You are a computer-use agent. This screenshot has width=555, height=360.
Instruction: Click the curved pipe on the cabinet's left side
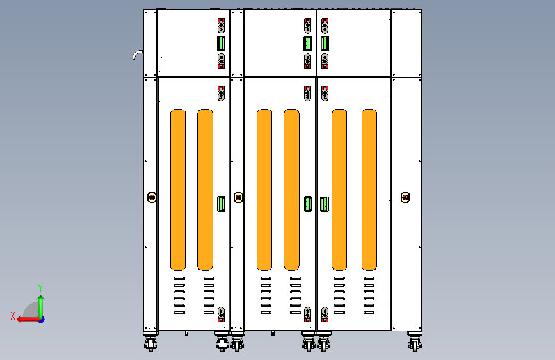pyautogui.click(x=136, y=54)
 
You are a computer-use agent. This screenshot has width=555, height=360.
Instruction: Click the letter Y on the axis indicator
pyautogui.click(x=40, y=288)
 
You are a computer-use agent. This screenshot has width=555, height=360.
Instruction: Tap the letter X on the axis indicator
pyautogui.click(x=13, y=316)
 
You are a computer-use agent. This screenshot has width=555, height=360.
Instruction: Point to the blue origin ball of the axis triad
pyautogui.click(x=42, y=320)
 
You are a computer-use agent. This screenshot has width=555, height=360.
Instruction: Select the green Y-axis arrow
pyautogui.click(x=41, y=307)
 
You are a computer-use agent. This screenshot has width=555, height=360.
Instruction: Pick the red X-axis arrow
pyautogui.click(x=29, y=320)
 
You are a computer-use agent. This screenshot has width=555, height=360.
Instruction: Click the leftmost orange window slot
pyautogui.click(x=178, y=190)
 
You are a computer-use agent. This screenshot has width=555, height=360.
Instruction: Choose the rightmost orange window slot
pyautogui.click(x=369, y=190)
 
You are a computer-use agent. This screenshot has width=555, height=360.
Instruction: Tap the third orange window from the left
pyautogui.click(x=264, y=190)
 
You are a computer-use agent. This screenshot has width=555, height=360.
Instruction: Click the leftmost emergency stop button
pyautogui.click(x=152, y=197)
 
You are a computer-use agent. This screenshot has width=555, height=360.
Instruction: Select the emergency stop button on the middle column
pyautogui.click(x=239, y=197)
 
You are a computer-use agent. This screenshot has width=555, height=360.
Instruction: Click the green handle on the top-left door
pyautogui.click(x=221, y=43)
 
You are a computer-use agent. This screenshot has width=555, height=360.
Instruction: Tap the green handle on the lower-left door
pyautogui.click(x=221, y=204)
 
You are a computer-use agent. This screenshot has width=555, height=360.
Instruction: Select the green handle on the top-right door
pyautogui.click(x=325, y=43)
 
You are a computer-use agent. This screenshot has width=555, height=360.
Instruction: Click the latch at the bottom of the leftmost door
pyautogui.click(x=221, y=315)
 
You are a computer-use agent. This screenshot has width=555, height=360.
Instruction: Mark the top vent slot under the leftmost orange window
pyautogui.click(x=179, y=278)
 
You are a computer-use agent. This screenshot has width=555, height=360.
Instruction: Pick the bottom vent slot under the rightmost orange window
pyautogui.click(x=369, y=312)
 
